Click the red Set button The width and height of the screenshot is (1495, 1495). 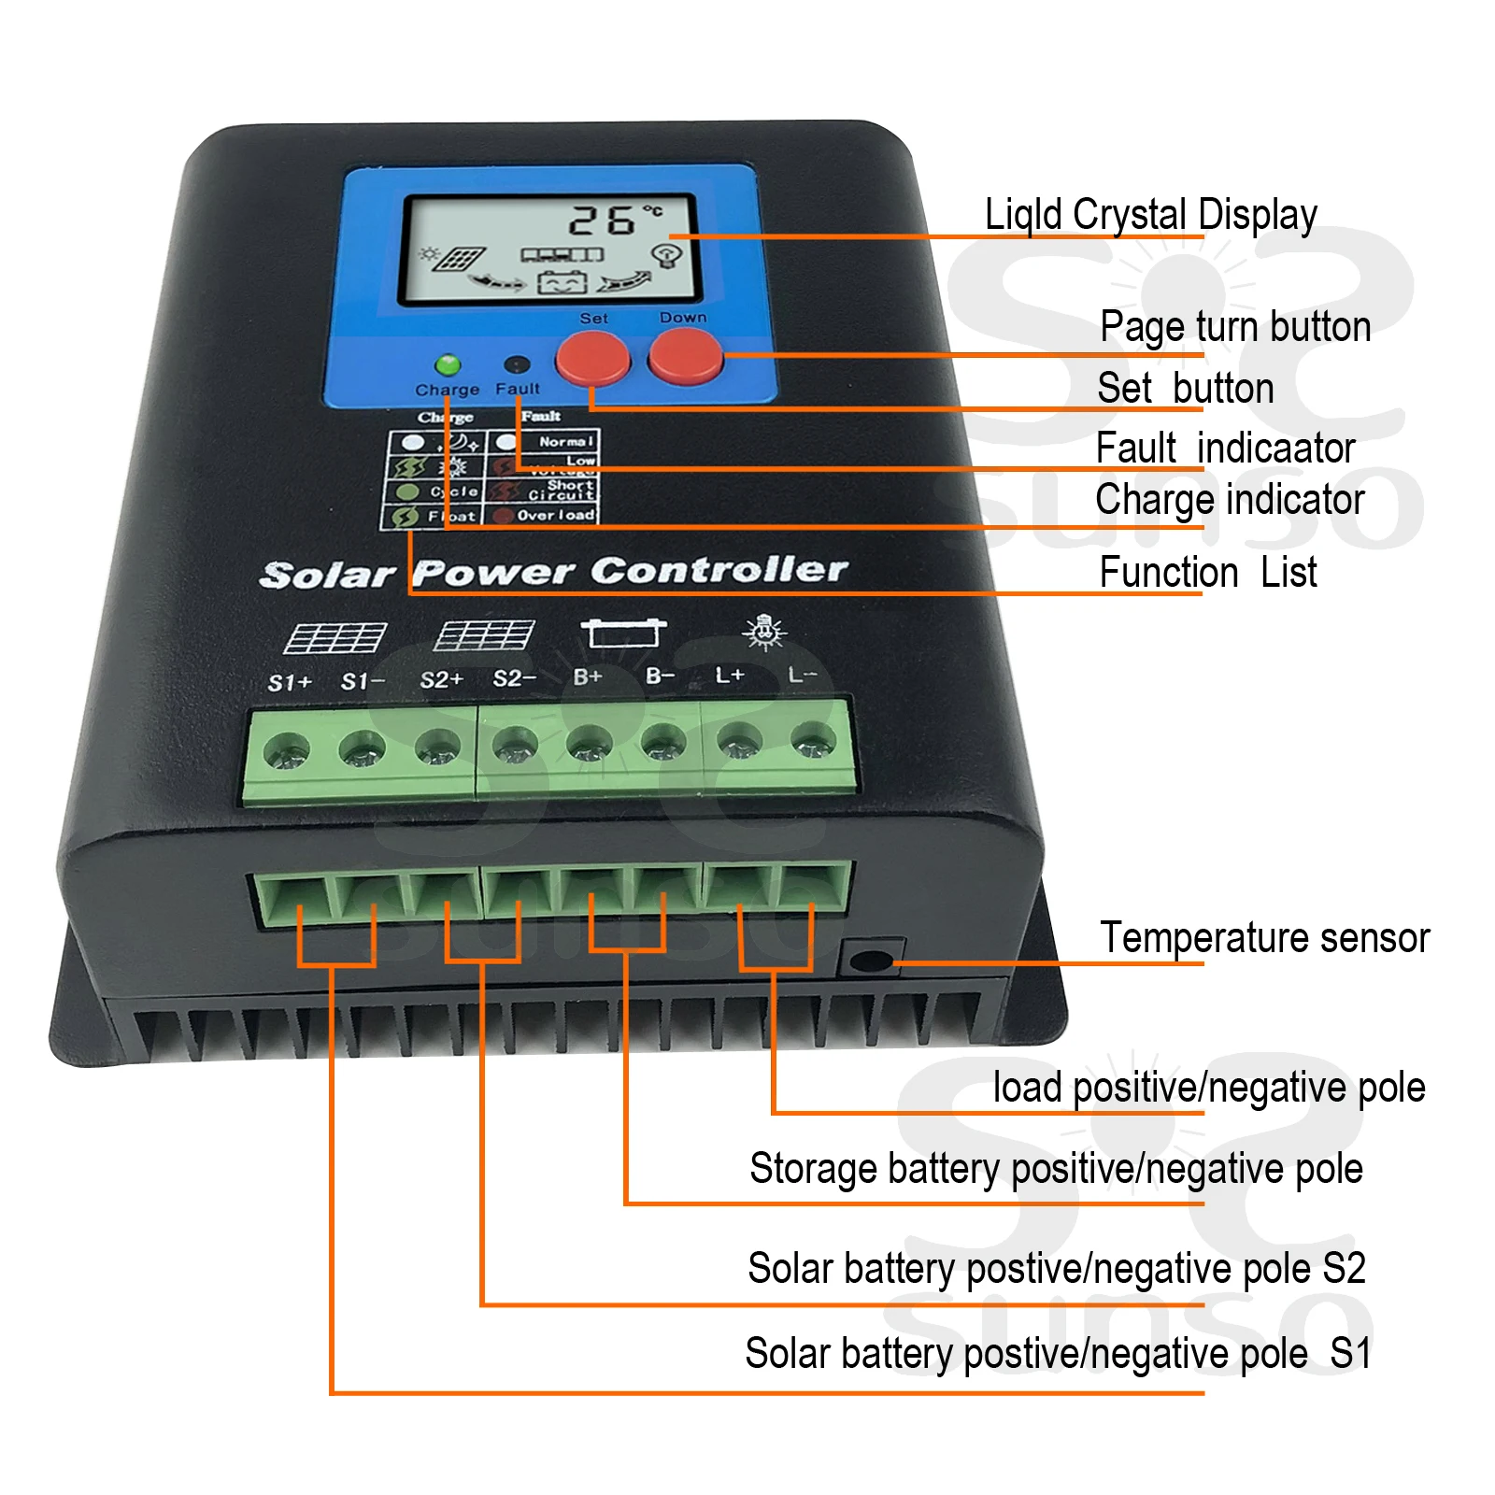point(592,359)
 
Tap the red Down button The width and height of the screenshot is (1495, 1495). point(685,357)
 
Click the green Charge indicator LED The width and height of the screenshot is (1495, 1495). point(448,364)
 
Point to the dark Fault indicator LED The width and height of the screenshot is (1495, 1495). point(517,364)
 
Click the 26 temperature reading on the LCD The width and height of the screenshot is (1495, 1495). point(603,221)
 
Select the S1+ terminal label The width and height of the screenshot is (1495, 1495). point(290,683)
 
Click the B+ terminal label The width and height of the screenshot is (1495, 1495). point(588,676)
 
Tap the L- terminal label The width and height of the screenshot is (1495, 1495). point(802,674)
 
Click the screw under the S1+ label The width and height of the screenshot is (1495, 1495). point(286,752)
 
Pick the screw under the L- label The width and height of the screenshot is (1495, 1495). point(812,744)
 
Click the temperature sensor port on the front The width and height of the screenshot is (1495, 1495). point(871,961)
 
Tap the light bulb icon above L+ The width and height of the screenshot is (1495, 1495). point(764,632)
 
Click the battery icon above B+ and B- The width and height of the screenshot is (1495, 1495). point(623,633)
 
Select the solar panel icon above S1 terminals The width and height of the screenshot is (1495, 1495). point(335,638)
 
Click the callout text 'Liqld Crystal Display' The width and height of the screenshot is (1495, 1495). point(1150,215)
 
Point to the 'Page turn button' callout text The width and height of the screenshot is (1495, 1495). point(1234,327)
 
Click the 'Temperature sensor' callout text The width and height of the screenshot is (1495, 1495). point(1264,937)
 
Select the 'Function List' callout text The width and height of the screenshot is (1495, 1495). point(1207,572)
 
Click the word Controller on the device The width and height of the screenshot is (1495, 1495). point(719,569)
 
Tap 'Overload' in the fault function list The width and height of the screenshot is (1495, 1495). point(555,515)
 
